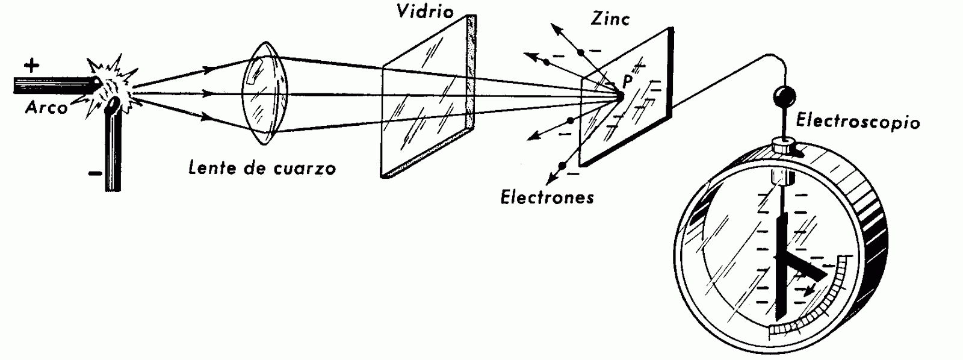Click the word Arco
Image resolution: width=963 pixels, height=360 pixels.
46,108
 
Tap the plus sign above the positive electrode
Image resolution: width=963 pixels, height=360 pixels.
31,64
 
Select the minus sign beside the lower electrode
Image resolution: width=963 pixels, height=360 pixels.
94,174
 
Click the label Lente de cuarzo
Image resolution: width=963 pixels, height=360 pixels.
262,167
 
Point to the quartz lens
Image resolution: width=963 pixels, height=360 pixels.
265,93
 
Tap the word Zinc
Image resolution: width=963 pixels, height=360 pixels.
609,19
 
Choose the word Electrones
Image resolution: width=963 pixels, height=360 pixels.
547,197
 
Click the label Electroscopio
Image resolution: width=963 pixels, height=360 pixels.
858,122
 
